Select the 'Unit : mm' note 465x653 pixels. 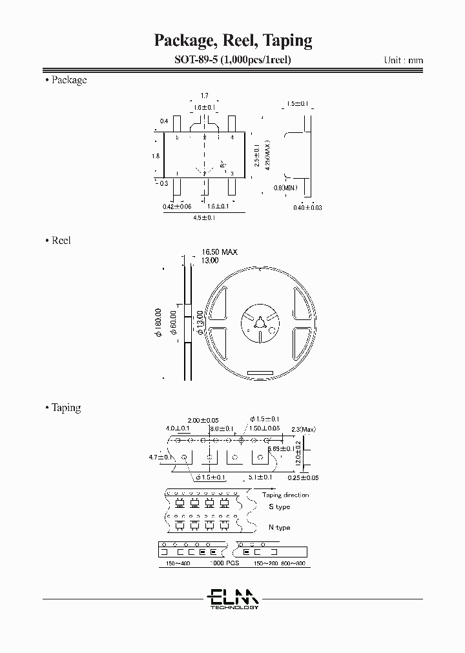404,60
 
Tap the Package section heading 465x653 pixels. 68,80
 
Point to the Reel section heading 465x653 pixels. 60,240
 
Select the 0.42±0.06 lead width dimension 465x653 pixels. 177,206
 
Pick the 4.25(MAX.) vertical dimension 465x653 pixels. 266,156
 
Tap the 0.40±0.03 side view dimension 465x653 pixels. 307,206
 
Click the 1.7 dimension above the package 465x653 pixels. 204,95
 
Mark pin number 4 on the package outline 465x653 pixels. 231,138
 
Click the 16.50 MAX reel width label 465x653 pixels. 220,252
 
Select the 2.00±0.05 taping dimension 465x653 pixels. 202,419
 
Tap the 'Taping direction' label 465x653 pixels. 285,495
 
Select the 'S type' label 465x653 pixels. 279,507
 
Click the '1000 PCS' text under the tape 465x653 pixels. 223,563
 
